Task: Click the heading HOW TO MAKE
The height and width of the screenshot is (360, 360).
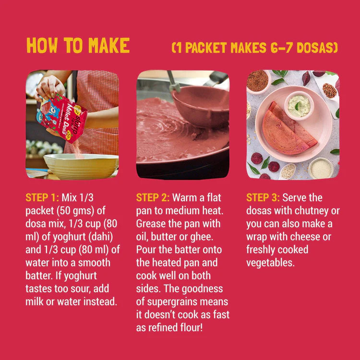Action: pos(78,45)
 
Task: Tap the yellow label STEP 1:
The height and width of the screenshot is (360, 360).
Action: pos(42,198)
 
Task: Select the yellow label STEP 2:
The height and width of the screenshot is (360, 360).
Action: pos(153,198)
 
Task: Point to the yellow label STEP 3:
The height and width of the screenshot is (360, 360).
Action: pos(263,198)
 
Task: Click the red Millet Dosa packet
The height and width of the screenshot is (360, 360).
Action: pos(61,117)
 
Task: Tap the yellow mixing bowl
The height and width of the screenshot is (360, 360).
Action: pos(81,166)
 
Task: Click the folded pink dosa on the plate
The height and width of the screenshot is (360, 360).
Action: pos(288,130)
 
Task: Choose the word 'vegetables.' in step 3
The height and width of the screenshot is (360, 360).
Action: pos(270,263)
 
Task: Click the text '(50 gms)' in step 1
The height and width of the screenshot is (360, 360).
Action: pos(76,211)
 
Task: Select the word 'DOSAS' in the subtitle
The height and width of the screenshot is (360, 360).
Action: pos(315,48)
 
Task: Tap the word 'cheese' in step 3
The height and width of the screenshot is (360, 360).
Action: pos(306,237)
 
